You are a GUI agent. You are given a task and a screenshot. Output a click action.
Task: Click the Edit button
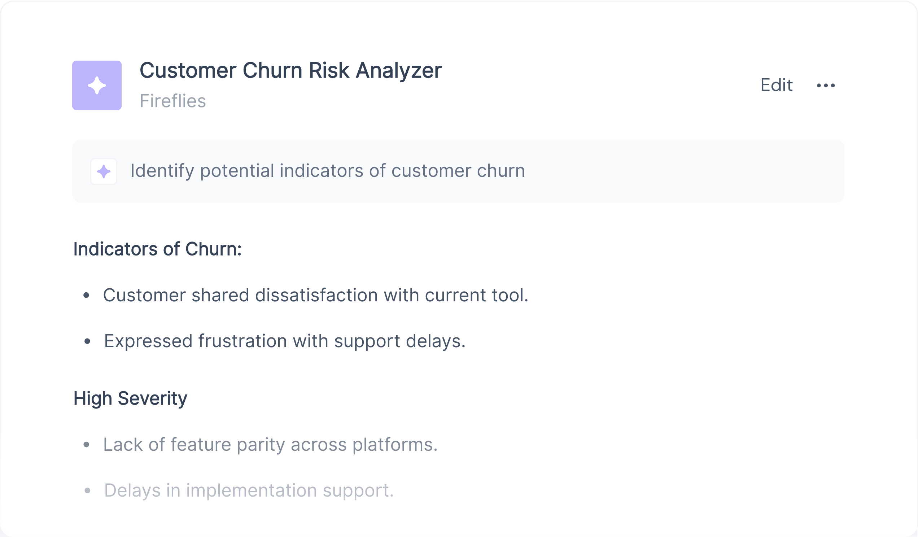(x=776, y=85)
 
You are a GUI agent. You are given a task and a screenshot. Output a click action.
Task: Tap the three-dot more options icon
(x=826, y=86)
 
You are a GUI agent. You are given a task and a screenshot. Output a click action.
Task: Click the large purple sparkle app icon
(x=97, y=85)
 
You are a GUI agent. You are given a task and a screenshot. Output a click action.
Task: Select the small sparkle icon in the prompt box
(x=104, y=171)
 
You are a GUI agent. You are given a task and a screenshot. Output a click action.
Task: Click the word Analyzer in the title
(x=399, y=71)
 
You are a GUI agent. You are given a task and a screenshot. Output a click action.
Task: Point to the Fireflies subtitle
(x=173, y=101)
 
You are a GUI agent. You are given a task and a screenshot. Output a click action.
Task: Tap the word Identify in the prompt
(x=162, y=171)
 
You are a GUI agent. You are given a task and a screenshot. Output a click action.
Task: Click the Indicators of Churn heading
(x=157, y=249)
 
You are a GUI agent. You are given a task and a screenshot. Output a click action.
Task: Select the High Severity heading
(x=130, y=398)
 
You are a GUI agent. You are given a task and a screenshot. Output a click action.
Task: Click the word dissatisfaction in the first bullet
(x=316, y=295)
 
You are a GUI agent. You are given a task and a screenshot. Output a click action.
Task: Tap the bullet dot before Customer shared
(x=86, y=295)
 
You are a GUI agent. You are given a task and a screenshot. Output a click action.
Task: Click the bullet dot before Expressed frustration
(x=87, y=341)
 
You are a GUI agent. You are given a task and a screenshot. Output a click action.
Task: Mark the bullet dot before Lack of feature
(x=86, y=445)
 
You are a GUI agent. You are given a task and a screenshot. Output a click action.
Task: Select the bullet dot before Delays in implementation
(x=87, y=491)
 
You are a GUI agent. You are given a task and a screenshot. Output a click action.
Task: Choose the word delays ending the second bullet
(x=436, y=341)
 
